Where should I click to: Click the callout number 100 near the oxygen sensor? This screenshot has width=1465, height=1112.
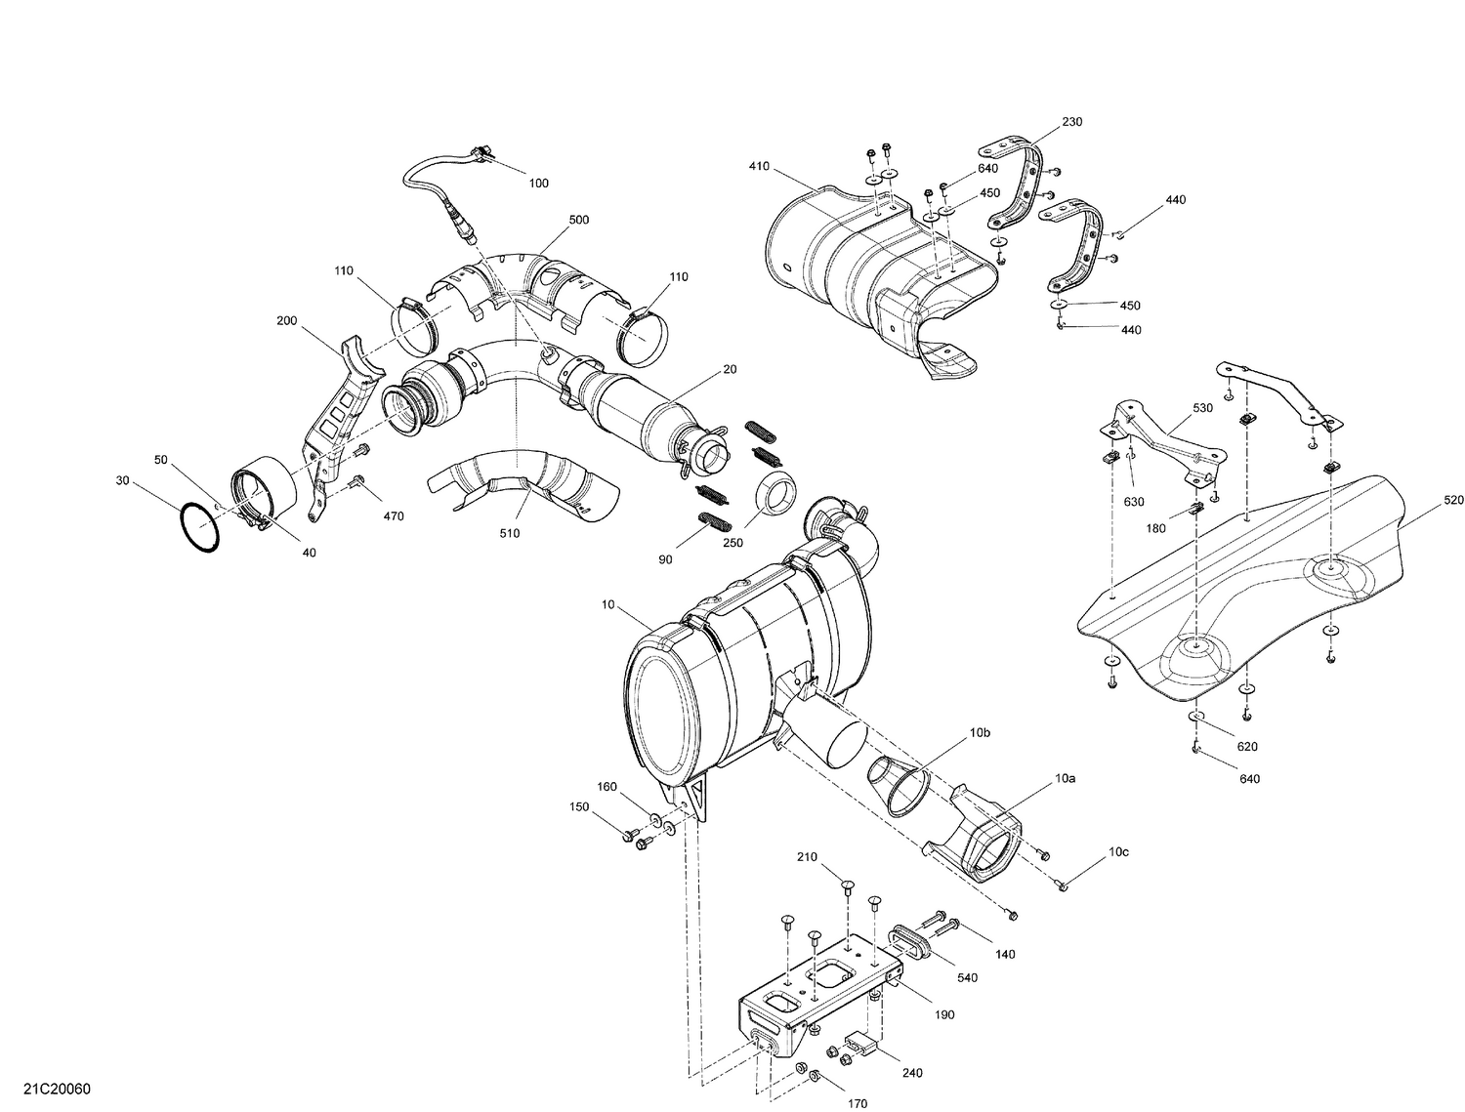click(538, 184)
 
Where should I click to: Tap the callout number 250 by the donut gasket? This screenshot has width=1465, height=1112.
click(732, 544)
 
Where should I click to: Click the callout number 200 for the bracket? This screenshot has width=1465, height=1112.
click(286, 320)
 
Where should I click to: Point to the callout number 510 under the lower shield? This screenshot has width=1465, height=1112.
click(510, 533)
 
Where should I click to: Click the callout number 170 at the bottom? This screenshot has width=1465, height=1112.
click(857, 1104)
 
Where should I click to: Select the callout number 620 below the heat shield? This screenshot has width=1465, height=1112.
click(1247, 747)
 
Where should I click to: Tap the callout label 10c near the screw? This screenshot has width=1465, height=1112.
click(1118, 852)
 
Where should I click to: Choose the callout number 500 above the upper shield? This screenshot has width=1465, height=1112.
click(579, 220)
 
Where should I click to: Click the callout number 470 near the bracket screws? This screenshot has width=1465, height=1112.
click(393, 515)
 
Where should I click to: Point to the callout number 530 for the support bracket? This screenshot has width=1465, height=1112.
click(1202, 407)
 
